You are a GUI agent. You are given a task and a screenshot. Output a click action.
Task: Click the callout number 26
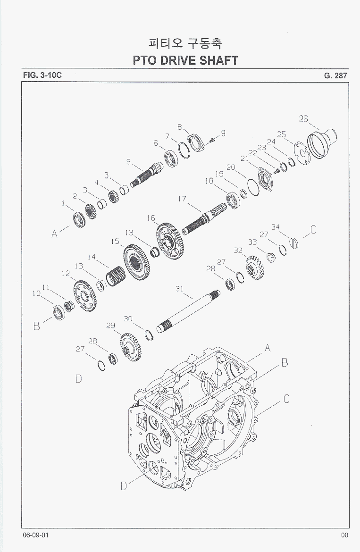coord(303,119)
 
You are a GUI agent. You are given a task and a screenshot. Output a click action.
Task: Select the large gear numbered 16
coord(168,241)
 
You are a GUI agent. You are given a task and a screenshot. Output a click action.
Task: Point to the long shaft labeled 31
coord(188,311)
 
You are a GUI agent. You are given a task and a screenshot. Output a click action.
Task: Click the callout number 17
coord(182,199)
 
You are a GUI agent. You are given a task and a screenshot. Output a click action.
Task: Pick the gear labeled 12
coord(85,296)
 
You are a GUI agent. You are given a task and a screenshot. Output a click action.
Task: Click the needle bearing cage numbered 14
coord(116,276)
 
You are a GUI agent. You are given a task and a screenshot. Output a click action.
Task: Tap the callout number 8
coord(179,127)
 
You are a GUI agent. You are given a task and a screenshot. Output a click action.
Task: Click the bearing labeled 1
coord(79,220)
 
